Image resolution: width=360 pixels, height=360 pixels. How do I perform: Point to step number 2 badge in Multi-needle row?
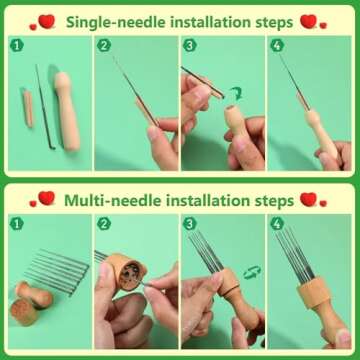[105, 224]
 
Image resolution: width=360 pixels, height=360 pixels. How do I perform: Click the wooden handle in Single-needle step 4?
[328, 140]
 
